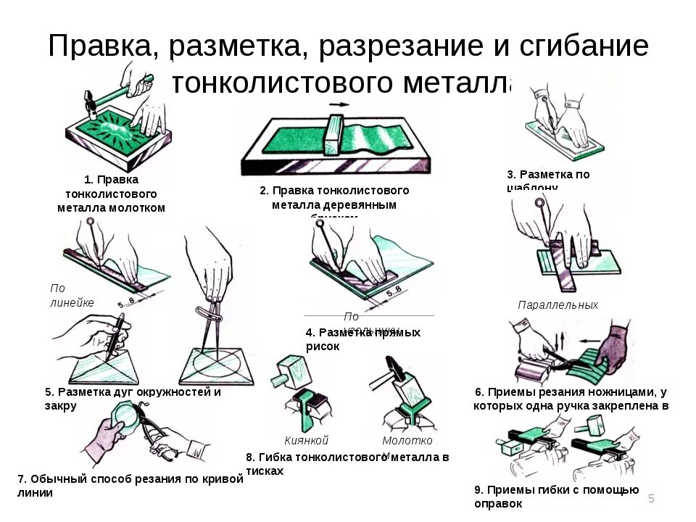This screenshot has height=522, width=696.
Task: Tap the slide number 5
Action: (x=651, y=498)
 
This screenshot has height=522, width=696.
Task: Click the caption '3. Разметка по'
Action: (x=548, y=174)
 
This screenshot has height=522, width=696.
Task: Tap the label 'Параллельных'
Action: (x=558, y=305)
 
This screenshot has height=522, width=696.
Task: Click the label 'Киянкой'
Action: (x=307, y=440)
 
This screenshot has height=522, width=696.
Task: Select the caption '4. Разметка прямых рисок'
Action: (x=362, y=339)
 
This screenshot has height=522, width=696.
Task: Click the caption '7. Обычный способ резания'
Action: (x=129, y=485)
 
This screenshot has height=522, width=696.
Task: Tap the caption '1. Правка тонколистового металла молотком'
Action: (x=111, y=194)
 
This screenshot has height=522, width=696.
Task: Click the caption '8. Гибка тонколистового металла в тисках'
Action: (x=347, y=463)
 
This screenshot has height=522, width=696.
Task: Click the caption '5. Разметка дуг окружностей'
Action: (x=132, y=398)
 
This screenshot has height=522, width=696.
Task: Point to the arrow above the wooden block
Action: (x=338, y=104)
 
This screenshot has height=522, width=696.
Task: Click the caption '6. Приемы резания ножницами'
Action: (x=571, y=398)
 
